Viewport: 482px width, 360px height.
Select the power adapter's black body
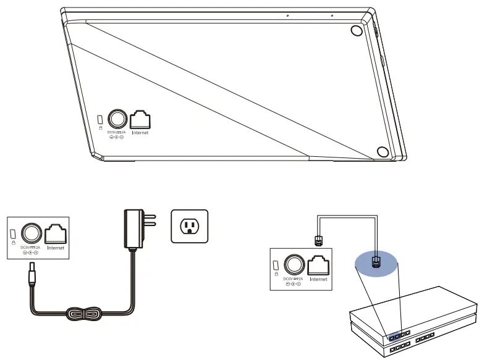click(x=132, y=228)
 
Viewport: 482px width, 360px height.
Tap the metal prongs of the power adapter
click(x=150, y=220)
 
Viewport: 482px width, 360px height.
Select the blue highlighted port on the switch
click(x=394, y=336)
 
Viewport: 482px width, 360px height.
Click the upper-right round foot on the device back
click(x=357, y=32)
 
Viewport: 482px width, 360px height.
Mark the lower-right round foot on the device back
click(x=383, y=152)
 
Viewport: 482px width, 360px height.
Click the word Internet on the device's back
click(x=140, y=132)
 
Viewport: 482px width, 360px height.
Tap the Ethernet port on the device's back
click(x=140, y=119)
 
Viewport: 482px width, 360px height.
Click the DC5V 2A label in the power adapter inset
click(x=30, y=247)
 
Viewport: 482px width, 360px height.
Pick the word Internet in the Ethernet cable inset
click(x=318, y=279)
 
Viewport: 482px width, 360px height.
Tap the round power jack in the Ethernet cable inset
click(x=294, y=264)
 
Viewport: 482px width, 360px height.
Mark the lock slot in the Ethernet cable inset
click(x=276, y=265)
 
